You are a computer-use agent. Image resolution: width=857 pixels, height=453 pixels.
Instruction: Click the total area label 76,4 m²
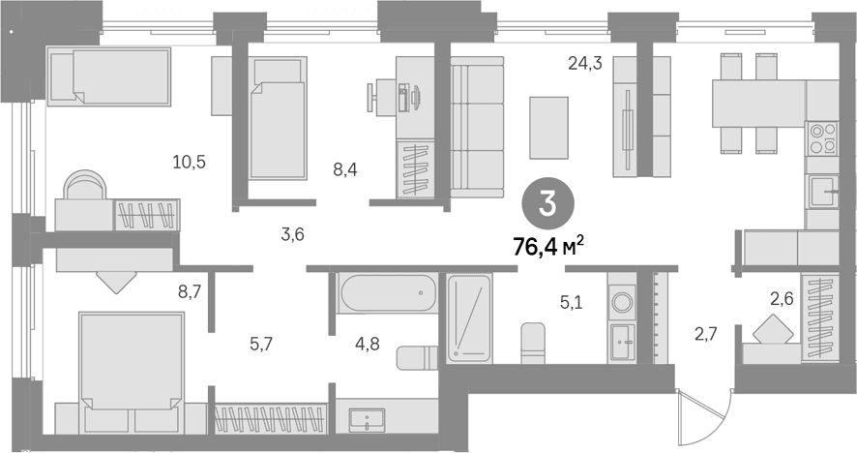[548, 247]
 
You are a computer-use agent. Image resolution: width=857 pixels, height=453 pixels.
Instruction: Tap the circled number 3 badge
[547, 204]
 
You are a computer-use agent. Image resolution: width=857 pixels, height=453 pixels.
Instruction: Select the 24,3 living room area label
[585, 64]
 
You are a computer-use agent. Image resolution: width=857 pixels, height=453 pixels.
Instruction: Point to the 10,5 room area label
[190, 162]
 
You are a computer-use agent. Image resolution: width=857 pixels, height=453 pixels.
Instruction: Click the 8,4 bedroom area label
[345, 169]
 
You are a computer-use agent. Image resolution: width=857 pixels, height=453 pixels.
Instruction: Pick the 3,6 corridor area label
[292, 234]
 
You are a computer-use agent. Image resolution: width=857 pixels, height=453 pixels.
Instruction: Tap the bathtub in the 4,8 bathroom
[388, 292]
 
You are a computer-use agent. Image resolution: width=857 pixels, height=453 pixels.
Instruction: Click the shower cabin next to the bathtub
[469, 318]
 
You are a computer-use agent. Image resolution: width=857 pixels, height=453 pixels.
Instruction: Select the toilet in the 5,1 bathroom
[532, 343]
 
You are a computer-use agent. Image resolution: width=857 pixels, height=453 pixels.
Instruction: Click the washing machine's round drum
[621, 301]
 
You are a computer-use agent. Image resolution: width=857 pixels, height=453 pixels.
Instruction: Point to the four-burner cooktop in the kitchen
[822, 137]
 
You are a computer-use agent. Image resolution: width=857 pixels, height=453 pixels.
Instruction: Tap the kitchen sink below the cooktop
[823, 192]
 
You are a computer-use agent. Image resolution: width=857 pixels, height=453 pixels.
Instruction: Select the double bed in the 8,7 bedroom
[132, 367]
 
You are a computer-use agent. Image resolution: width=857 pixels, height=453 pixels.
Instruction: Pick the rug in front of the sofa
[549, 128]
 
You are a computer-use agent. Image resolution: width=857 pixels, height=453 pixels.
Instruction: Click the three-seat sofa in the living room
[477, 132]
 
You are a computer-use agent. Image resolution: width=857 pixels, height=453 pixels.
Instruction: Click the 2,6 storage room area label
[782, 299]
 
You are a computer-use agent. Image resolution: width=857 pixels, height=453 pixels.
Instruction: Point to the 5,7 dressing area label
[261, 344]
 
